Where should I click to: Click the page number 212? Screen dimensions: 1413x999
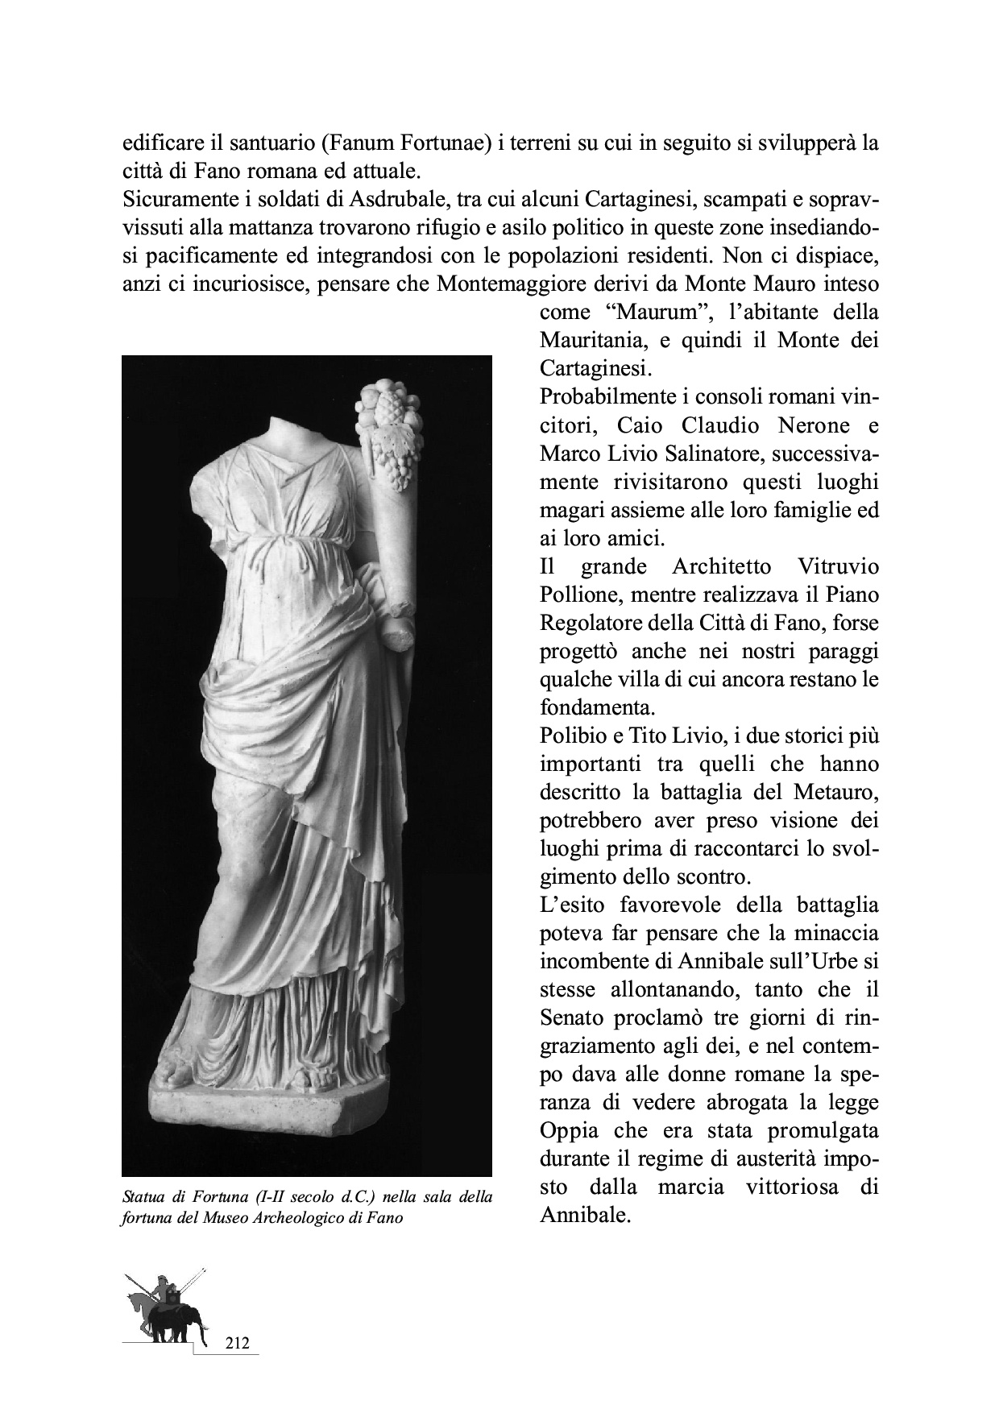pos(237,1343)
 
